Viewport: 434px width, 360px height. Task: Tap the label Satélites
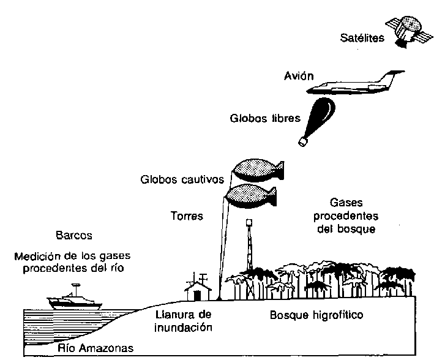pyautogui.click(x=362, y=39)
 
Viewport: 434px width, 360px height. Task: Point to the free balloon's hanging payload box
pyautogui.click(x=302, y=142)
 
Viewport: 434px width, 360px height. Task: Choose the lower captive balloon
pyautogui.click(x=251, y=196)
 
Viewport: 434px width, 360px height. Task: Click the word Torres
pyautogui.click(x=187, y=216)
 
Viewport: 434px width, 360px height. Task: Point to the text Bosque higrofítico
pyautogui.click(x=316, y=316)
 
